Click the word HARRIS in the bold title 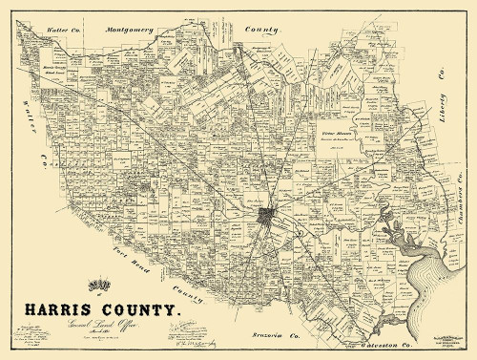[x=51, y=310]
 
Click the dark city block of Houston [x=268, y=217]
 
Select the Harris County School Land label [x=57, y=70]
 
